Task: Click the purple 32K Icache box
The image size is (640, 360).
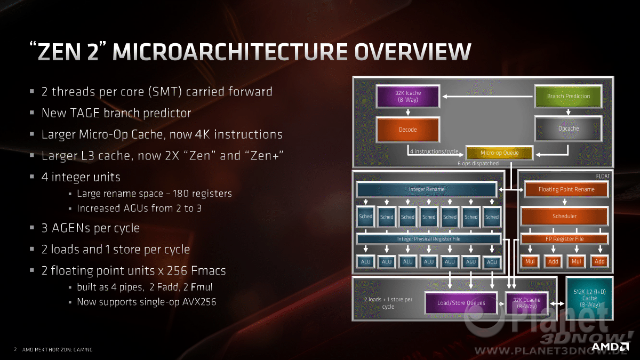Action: tap(407, 97)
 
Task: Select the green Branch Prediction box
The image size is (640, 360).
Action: tap(569, 97)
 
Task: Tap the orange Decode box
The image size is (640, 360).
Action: tap(407, 130)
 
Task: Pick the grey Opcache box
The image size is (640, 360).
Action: tap(569, 129)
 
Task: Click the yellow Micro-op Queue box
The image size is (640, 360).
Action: tap(499, 153)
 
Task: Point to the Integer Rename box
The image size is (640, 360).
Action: tap(427, 189)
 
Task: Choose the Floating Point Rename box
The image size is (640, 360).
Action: tap(566, 189)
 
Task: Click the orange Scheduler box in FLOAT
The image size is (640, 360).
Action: tap(565, 217)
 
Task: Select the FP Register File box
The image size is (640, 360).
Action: tap(565, 239)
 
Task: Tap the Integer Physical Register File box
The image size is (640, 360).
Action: tap(429, 239)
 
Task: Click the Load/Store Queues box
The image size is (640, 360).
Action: tap(461, 303)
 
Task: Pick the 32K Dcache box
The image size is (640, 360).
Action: tap(526, 303)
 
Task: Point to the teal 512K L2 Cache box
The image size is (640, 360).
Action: tap(589, 298)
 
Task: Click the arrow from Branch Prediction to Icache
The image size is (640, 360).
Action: tap(487, 97)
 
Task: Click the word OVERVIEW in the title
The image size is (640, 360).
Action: tap(413, 52)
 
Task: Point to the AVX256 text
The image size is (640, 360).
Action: tap(199, 302)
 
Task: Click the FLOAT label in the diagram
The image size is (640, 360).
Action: tap(603, 177)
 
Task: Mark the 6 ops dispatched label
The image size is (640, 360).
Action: tap(478, 163)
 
